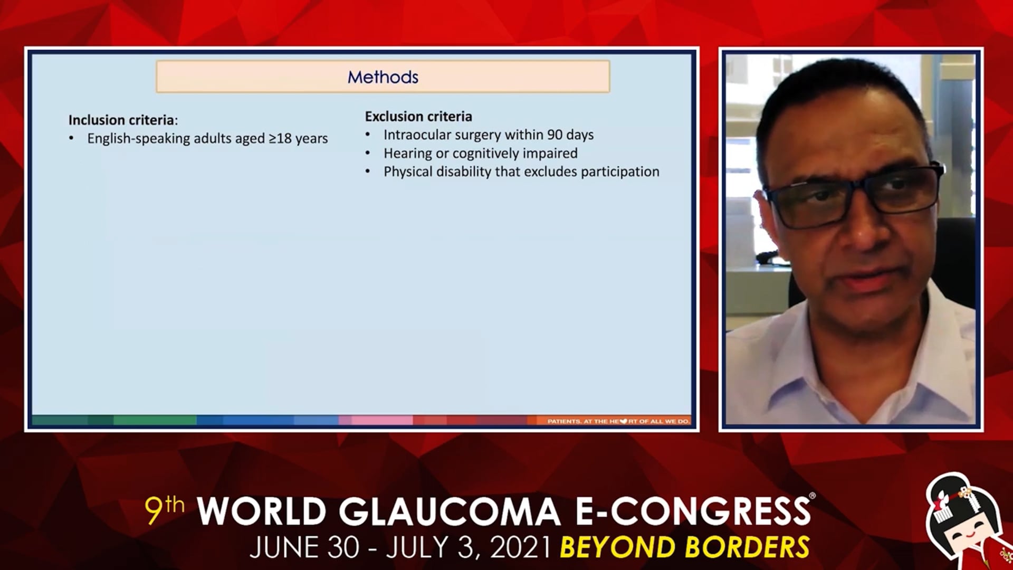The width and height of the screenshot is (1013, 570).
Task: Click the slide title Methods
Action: [383, 77]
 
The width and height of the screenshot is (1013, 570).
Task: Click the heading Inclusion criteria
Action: [123, 120]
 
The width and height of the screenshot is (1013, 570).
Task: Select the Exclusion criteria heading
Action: [418, 116]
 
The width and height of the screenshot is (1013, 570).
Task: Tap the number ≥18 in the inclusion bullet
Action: [280, 138]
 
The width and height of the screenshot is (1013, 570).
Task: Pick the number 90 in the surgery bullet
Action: [555, 135]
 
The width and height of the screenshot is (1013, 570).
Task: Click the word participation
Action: [620, 172]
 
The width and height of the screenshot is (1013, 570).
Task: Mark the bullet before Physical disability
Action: [368, 172]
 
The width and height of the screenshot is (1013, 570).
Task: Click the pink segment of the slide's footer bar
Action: [375, 421]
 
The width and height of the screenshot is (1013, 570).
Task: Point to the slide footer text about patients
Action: [618, 421]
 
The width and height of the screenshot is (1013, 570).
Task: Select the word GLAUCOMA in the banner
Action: [449, 511]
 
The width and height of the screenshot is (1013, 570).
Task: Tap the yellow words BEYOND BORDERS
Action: [684, 547]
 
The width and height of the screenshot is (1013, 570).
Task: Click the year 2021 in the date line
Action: [521, 547]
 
